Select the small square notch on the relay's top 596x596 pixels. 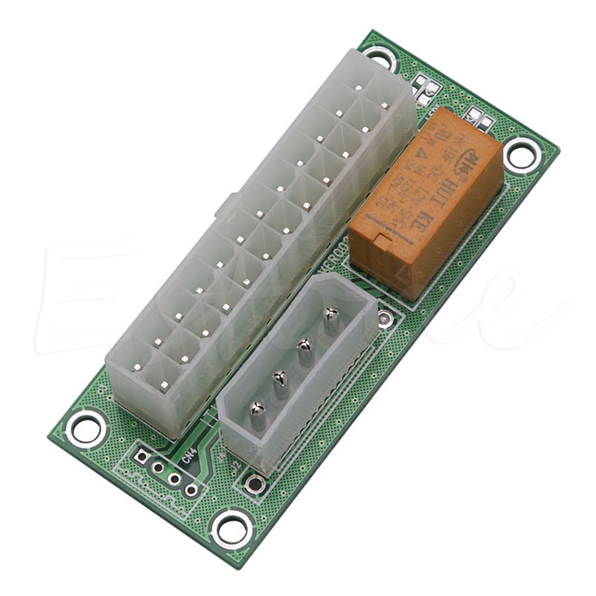[378, 243]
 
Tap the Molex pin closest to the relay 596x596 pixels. [331, 317]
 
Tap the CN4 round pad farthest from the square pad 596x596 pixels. [191, 489]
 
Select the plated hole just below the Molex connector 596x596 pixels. [256, 484]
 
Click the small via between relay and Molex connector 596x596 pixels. [384, 320]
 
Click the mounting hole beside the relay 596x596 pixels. [521, 155]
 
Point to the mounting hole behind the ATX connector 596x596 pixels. [379, 56]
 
